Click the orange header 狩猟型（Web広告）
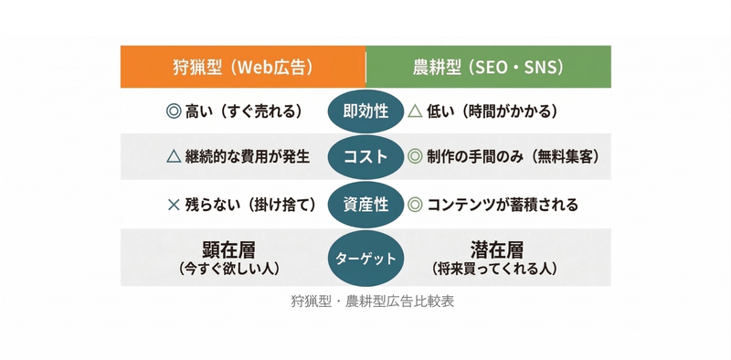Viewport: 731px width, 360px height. point(243,67)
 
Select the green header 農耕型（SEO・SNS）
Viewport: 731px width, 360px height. point(488,67)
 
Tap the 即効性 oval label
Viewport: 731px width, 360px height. point(365,111)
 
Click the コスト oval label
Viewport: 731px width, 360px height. point(365,157)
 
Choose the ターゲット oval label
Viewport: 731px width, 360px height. point(365,259)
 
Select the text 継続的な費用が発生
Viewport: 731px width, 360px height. point(248,157)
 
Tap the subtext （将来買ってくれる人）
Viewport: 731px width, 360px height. point(494,269)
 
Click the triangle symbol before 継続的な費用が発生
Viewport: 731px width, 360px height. point(174,157)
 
